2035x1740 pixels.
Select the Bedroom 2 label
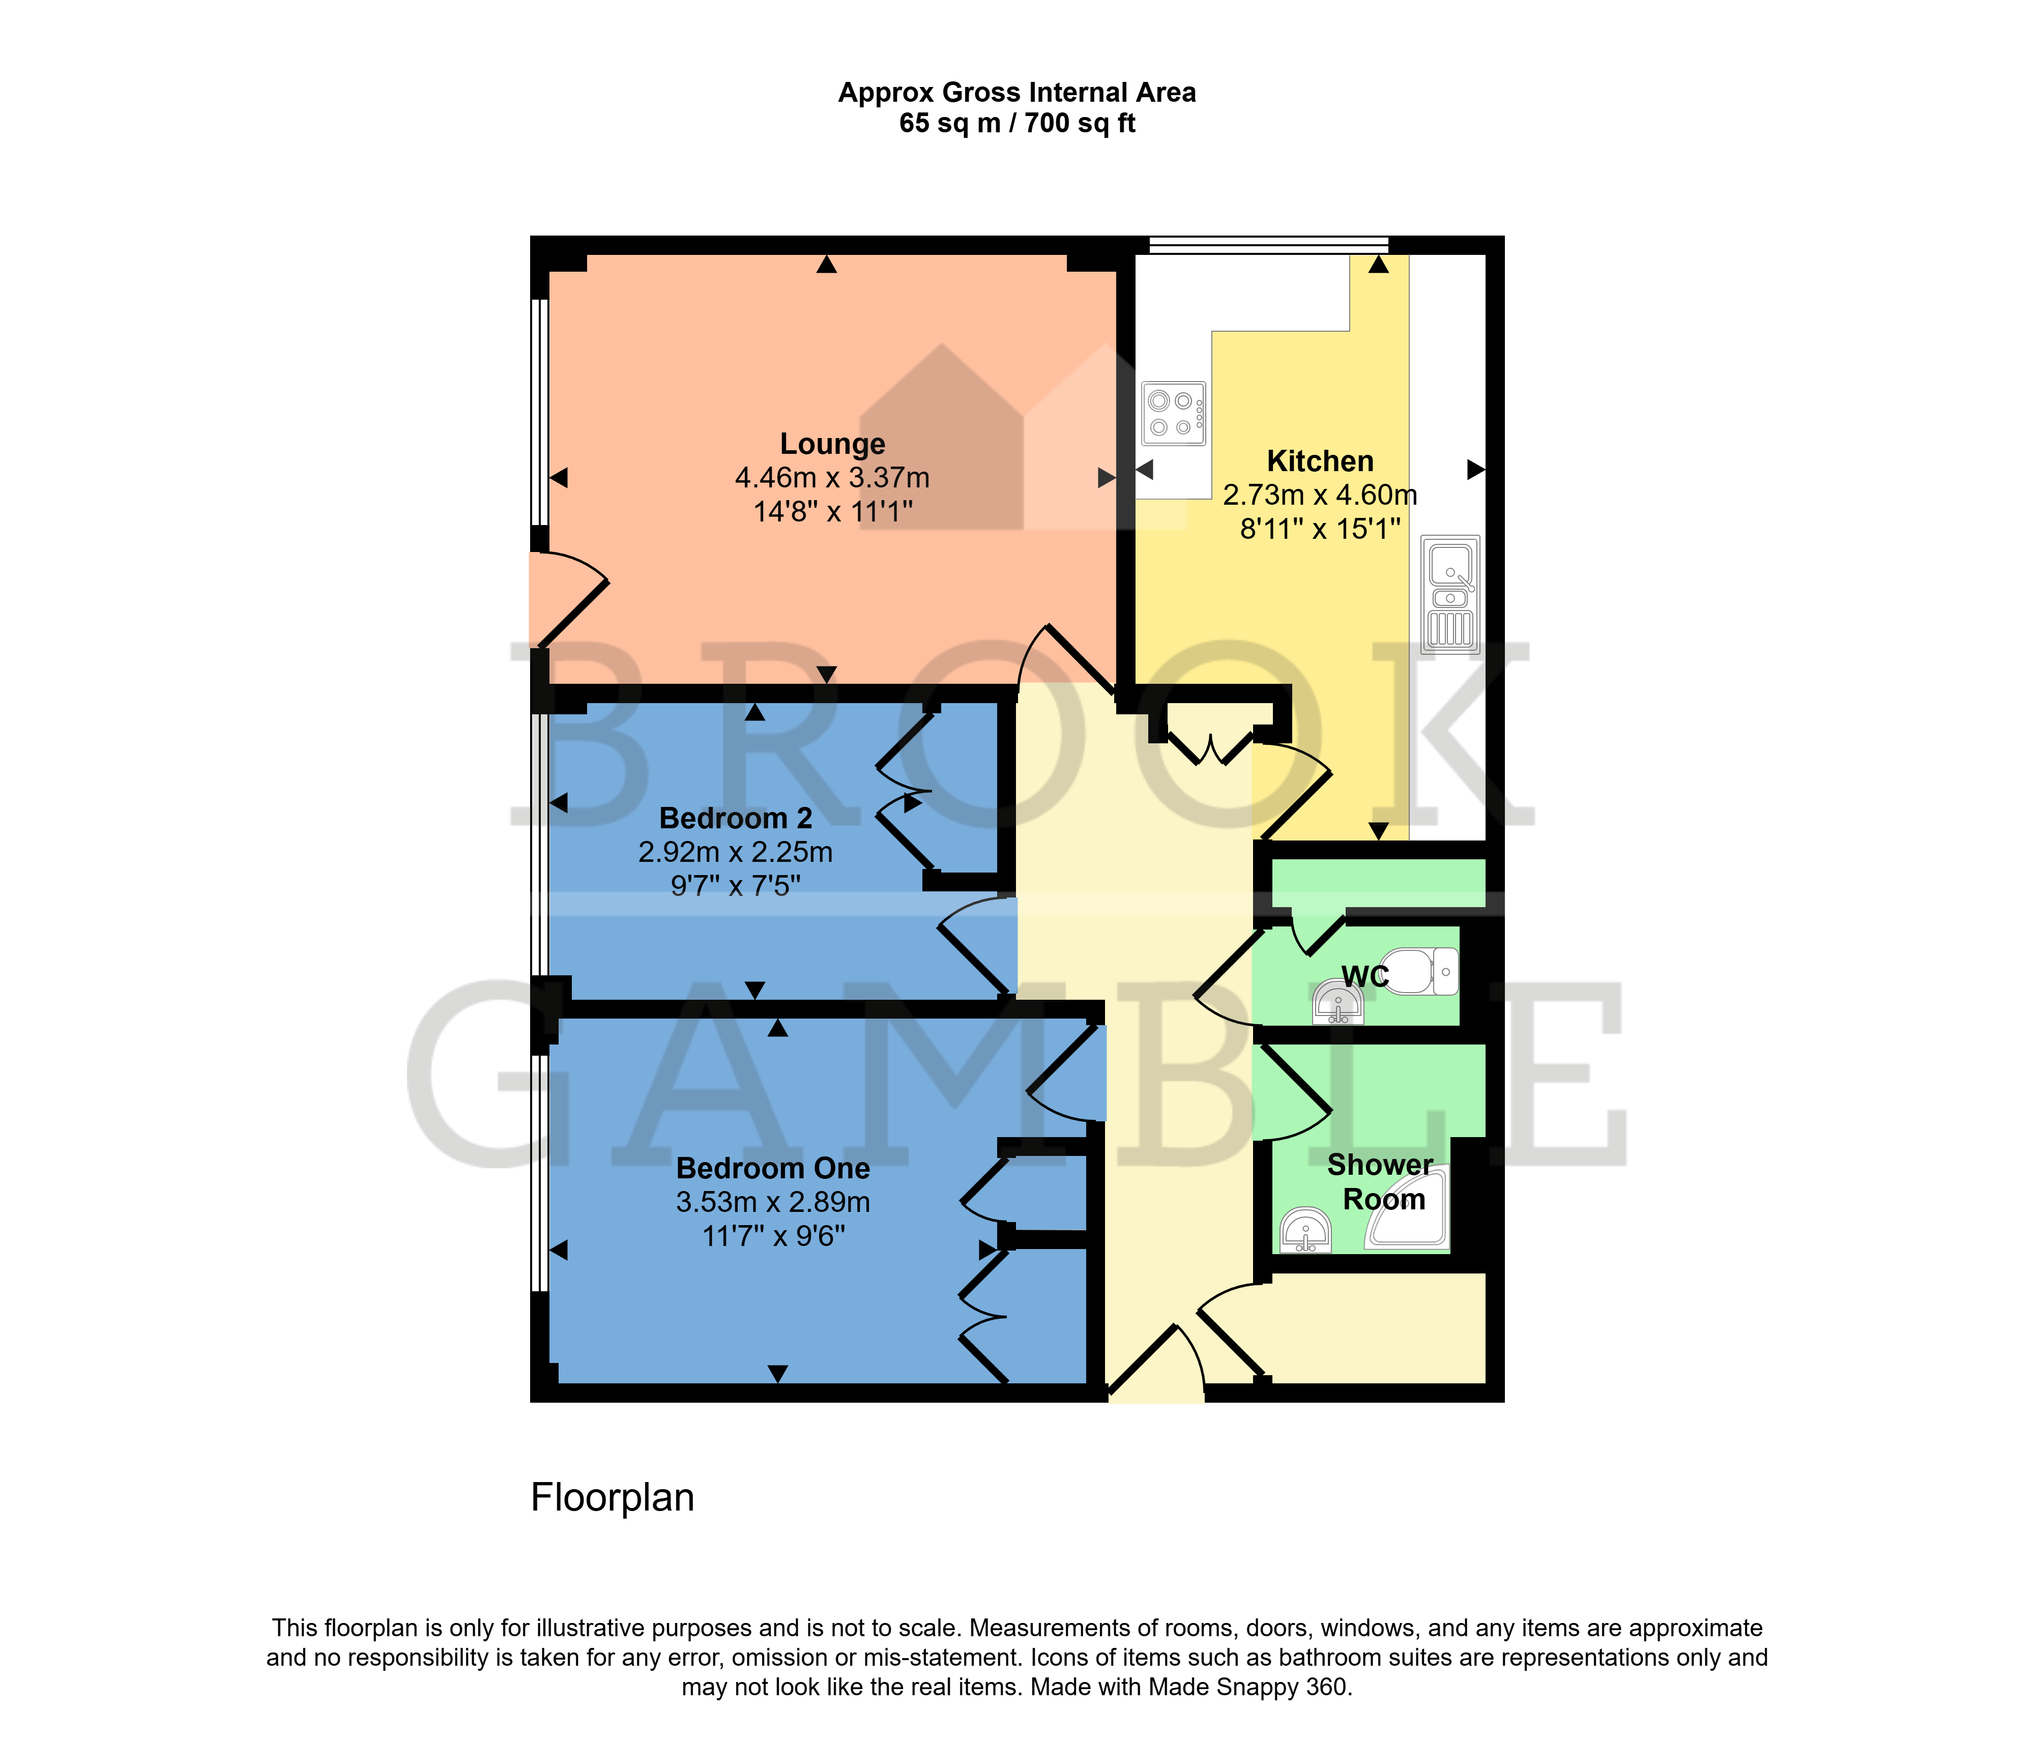click(x=736, y=818)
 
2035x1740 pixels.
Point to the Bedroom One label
click(x=773, y=1169)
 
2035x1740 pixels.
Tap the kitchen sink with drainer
click(x=1450, y=594)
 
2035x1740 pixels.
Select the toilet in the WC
click(x=1419, y=971)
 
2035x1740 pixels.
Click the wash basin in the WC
click(x=1338, y=1003)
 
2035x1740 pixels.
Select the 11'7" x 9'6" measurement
click(x=773, y=1236)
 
